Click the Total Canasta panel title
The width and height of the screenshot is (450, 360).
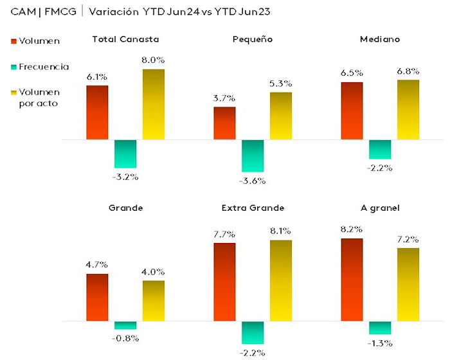(126, 39)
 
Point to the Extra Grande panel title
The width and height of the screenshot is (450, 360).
(253, 208)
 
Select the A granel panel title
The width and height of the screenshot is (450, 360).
(380, 208)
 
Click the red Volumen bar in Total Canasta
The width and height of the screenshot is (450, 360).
(97, 113)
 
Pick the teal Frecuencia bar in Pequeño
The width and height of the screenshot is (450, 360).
(253, 156)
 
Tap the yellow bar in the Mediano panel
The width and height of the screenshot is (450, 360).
(408, 109)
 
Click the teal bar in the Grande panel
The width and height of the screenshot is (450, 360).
(125, 325)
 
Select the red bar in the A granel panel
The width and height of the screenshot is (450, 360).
(352, 280)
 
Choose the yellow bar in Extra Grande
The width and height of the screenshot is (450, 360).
(281, 280)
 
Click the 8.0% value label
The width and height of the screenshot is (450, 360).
(153, 60)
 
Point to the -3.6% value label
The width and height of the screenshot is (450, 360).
(253, 181)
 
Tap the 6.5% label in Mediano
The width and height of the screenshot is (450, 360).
(352, 73)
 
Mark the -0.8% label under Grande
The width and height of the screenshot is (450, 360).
(125, 338)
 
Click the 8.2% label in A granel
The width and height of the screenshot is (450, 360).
(352, 229)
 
